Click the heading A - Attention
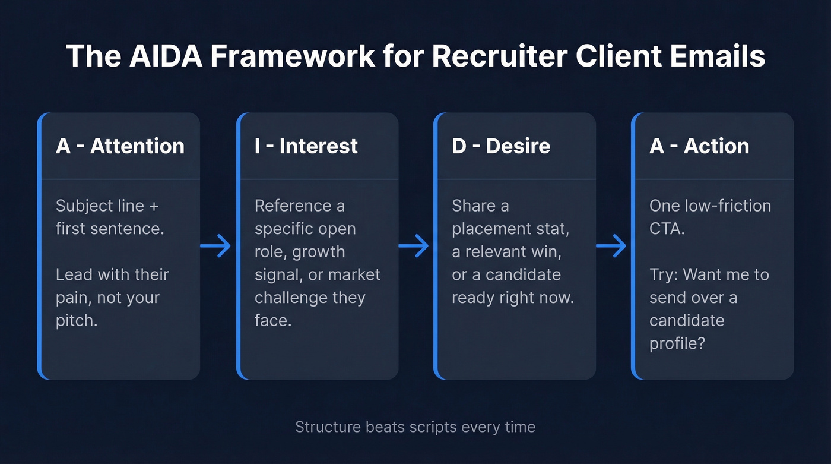(x=120, y=146)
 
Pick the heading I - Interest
(x=306, y=146)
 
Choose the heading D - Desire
(x=501, y=146)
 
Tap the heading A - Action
(x=699, y=146)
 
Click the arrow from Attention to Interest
(x=216, y=245)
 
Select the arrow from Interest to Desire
(x=414, y=245)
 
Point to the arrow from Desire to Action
(x=611, y=245)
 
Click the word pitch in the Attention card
(x=76, y=321)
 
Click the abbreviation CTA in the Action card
(x=667, y=229)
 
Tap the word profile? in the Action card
(x=677, y=343)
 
